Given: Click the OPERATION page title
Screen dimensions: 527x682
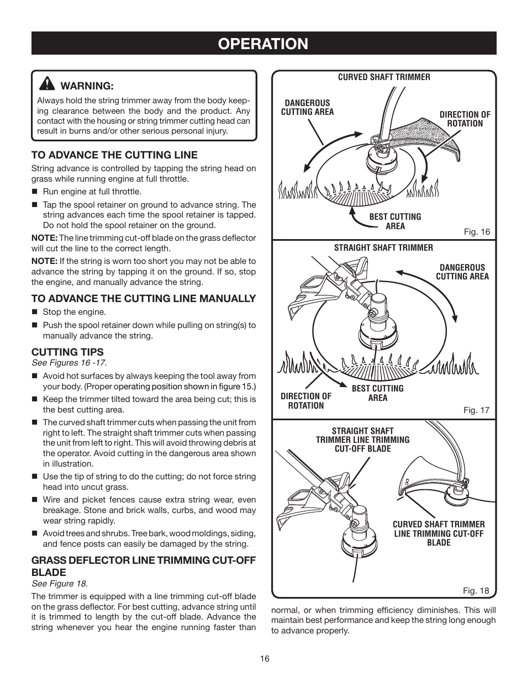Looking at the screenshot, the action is pos(263,44).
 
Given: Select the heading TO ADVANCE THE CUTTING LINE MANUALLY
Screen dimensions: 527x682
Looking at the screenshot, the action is pos(144,299).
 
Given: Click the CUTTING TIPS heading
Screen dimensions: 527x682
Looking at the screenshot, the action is pos(67,352).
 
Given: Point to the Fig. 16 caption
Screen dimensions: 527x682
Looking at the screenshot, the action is pos(476,232).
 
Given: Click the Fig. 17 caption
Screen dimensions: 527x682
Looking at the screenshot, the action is pos(476,410).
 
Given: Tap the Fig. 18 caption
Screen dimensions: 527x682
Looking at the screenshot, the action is pos(476,590).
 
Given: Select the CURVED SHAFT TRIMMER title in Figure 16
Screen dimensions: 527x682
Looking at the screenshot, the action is pos(384,77).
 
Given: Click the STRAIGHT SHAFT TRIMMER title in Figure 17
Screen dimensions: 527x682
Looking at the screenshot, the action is pos(383,248).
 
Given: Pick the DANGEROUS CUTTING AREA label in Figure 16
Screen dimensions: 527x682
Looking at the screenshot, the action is pos(307,107).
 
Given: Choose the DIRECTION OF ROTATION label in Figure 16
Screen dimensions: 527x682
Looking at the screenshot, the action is pos(465,119).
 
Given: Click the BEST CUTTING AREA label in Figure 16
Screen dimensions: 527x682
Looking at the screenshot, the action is pos(395,221).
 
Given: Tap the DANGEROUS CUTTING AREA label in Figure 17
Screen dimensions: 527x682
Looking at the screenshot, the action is pos(462,272).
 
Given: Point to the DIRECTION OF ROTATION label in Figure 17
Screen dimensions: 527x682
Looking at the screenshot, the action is pos(305,401).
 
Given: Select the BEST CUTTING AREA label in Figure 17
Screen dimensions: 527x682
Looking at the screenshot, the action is pos(377,393).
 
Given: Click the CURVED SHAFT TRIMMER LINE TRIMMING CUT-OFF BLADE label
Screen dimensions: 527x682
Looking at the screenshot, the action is pos(439,533).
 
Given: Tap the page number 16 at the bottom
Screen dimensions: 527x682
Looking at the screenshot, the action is pos(264,658).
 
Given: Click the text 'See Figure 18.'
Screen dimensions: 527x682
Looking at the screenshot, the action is pos(60,584).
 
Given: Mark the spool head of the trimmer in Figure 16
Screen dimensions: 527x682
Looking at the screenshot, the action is pos(380,160).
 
